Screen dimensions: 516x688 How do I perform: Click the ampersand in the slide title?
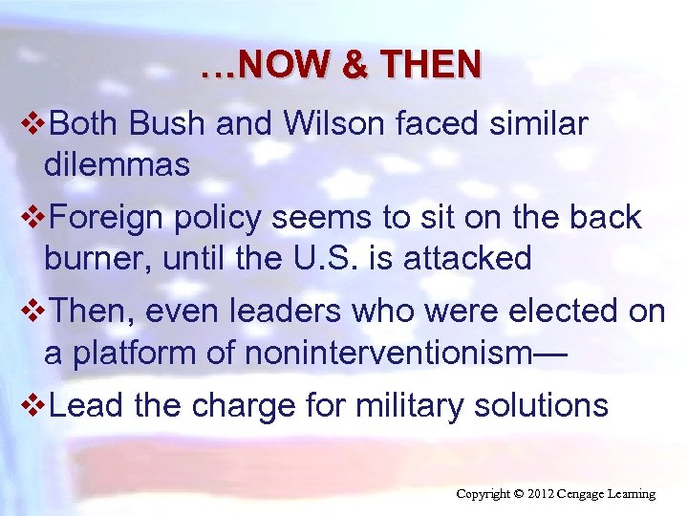coord(353,65)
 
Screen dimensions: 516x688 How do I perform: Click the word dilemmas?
coord(117,165)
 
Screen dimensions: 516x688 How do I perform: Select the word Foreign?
coord(107,218)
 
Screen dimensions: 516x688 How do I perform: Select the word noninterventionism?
coord(380,353)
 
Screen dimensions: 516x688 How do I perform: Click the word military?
coord(399,405)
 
